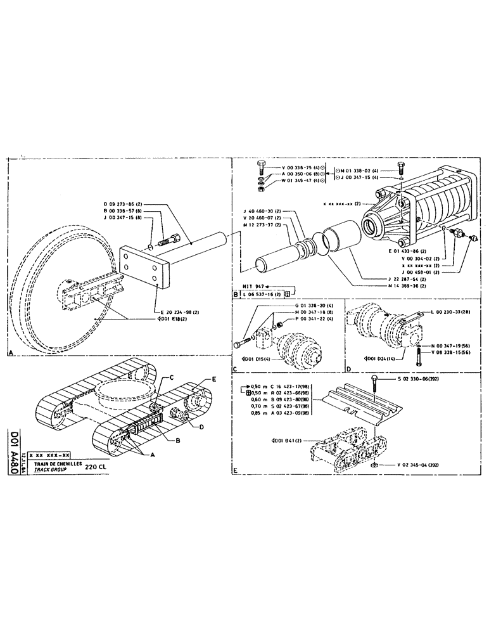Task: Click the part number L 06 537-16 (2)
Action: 262,294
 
